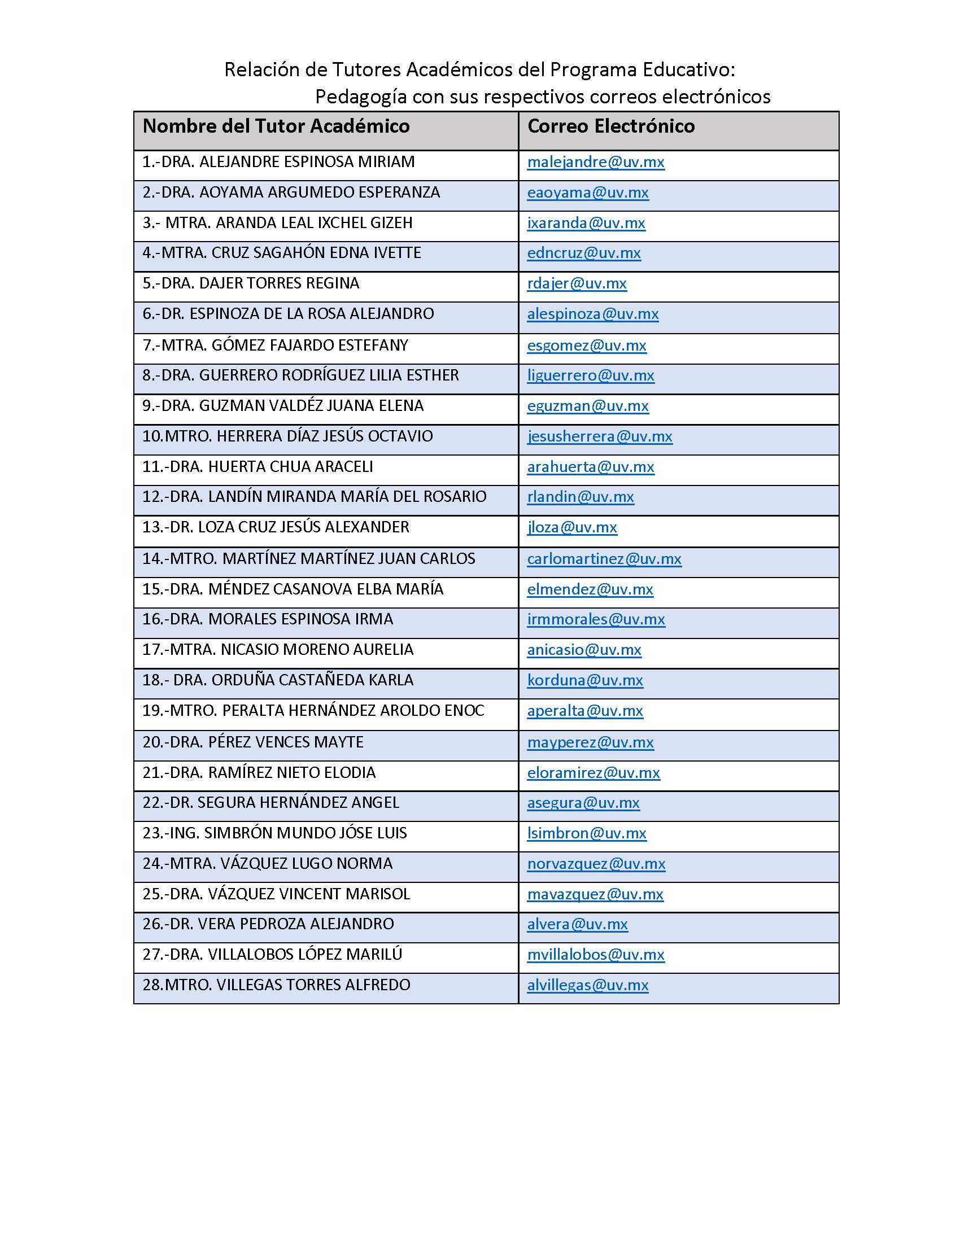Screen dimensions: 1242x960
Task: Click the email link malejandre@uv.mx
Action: point(595,162)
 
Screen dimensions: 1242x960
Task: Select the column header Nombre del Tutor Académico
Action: point(276,126)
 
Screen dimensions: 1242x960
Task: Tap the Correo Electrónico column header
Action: point(611,126)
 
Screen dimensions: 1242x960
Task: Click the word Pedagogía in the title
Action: point(361,97)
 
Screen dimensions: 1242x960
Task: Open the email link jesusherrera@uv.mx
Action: point(599,436)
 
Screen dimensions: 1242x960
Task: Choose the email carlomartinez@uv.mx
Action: point(604,558)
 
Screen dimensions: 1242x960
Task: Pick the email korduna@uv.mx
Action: point(584,680)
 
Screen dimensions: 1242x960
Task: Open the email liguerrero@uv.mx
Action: point(590,375)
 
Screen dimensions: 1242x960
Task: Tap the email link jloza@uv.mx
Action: point(571,527)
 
